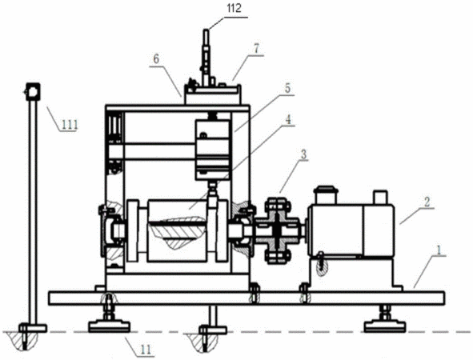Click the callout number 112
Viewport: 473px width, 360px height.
point(234,8)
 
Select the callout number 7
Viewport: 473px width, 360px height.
point(256,49)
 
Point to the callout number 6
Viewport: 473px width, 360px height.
point(156,59)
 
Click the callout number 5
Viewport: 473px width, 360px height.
point(287,88)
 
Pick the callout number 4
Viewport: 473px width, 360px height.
point(288,120)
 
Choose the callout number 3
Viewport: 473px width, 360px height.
point(303,154)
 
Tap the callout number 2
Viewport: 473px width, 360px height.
point(427,202)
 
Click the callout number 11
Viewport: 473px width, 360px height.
point(146,350)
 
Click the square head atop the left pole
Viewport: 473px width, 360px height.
point(33,91)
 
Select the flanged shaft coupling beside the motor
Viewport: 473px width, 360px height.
point(278,230)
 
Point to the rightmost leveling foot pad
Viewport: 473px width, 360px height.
point(384,326)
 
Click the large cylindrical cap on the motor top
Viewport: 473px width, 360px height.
point(325,194)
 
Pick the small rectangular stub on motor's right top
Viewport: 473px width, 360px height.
point(380,197)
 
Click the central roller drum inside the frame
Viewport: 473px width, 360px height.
point(178,230)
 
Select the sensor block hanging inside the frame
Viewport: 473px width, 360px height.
point(212,150)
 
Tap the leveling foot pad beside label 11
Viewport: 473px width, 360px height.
point(110,326)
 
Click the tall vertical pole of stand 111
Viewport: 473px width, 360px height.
point(33,212)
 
